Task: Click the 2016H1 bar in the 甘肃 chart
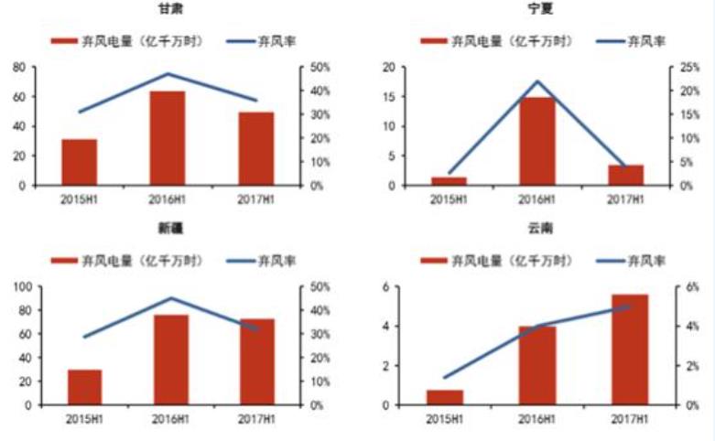tap(167, 137)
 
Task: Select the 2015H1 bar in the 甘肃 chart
tap(80, 162)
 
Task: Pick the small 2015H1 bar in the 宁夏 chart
tap(450, 181)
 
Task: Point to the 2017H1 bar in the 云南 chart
tap(629, 350)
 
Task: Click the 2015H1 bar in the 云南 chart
tap(445, 397)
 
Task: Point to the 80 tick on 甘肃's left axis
tap(19, 68)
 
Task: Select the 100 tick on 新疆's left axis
tap(16, 287)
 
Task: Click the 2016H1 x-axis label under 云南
tap(538, 420)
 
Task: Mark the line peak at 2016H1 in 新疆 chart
tap(170, 297)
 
